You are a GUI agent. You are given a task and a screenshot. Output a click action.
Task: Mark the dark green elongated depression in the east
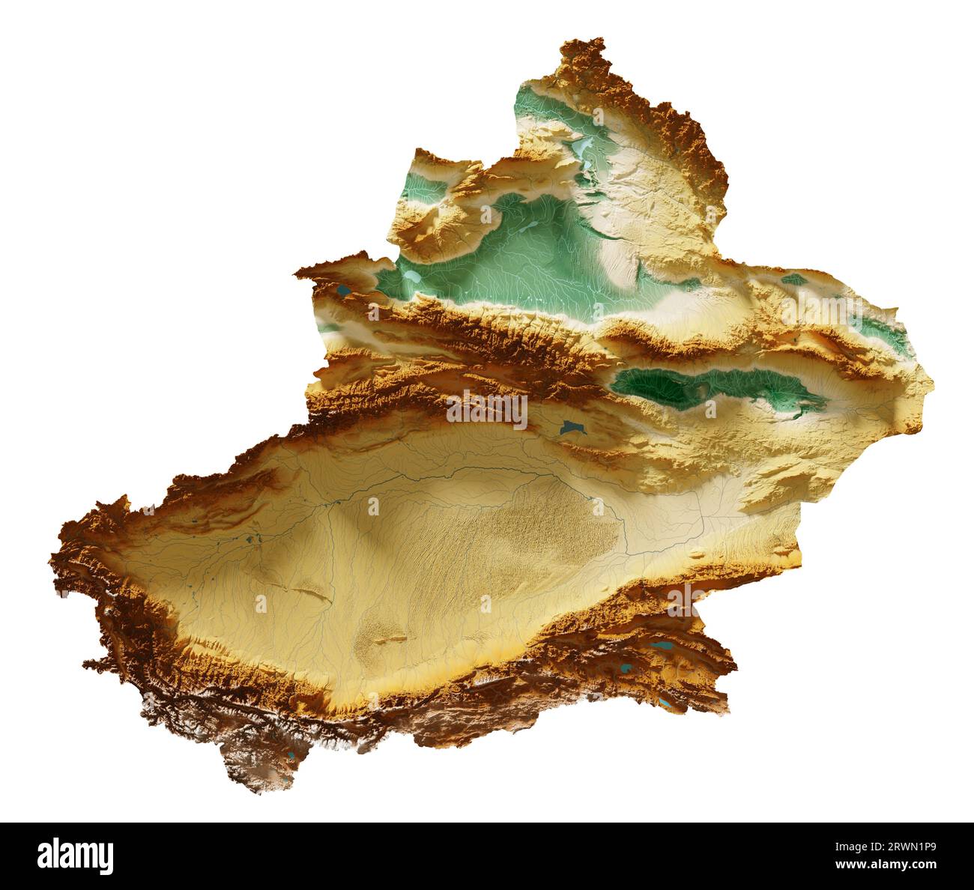click(704, 386)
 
